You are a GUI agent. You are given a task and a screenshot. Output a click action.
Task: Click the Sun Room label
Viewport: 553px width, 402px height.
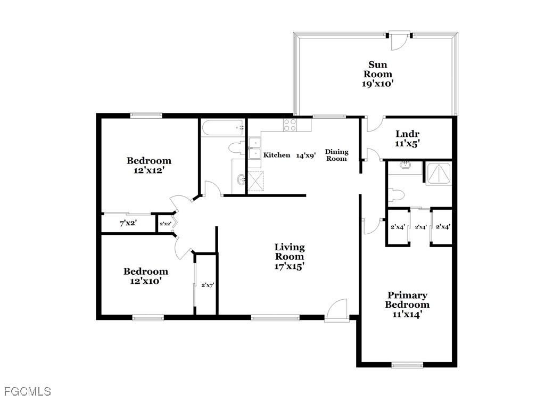click(x=378, y=69)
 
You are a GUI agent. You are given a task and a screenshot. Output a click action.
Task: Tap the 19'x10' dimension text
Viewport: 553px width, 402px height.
click(x=377, y=84)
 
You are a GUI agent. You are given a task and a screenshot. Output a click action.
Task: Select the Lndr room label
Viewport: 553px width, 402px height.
click(x=407, y=134)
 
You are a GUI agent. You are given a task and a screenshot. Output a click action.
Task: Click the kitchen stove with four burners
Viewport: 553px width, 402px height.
click(x=290, y=125)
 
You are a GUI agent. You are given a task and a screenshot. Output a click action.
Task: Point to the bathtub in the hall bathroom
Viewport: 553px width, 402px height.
click(x=222, y=128)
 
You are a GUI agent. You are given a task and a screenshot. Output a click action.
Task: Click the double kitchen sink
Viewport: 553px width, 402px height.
click(x=254, y=148)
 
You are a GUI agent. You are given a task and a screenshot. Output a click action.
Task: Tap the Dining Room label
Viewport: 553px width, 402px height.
click(x=336, y=155)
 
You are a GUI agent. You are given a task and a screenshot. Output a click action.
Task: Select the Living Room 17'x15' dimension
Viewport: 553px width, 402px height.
click(x=289, y=266)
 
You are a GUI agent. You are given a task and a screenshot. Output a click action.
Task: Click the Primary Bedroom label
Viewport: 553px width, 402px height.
click(x=407, y=300)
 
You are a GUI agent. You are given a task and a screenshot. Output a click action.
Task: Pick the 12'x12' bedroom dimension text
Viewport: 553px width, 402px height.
click(x=149, y=170)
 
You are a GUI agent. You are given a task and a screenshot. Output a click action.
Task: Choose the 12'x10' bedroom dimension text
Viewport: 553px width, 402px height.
click(x=146, y=281)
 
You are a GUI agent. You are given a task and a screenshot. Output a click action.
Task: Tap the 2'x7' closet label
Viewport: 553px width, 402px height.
click(x=208, y=285)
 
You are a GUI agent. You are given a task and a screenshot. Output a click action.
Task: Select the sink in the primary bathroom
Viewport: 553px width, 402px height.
click(x=406, y=165)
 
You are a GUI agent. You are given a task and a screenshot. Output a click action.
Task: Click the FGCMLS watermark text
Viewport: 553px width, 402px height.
click(x=28, y=391)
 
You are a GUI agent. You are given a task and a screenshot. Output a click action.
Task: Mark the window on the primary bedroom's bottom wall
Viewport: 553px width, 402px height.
click(x=407, y=365)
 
